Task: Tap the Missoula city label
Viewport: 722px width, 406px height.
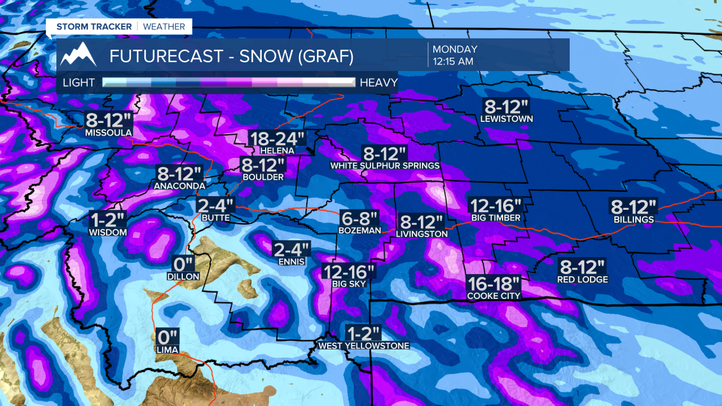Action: [x=109, y=133]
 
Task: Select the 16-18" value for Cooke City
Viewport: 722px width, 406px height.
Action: [x=494, y=284]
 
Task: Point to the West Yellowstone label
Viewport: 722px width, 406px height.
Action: [x=364, y=346]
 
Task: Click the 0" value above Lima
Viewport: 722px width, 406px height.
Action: [x=168, y=338]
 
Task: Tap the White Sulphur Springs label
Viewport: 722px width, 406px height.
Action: [x=385, y=166]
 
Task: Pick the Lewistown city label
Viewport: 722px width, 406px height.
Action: [x=507, y=119]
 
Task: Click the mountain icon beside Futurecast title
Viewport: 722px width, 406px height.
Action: [x=78, y=55]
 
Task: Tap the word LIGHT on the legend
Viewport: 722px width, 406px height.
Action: [x=79, y=83]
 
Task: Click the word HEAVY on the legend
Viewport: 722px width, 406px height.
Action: [x=378, y=83]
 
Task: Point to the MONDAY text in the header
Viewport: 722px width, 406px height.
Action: [x=455, y=50]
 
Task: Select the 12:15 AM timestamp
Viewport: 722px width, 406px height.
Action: [x=452, y=61]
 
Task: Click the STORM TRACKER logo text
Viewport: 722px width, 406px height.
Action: [x=94, y=27]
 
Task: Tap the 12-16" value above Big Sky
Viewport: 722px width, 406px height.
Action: [x=349, y=272]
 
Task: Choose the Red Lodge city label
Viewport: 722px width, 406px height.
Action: [x=583, y=280]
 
